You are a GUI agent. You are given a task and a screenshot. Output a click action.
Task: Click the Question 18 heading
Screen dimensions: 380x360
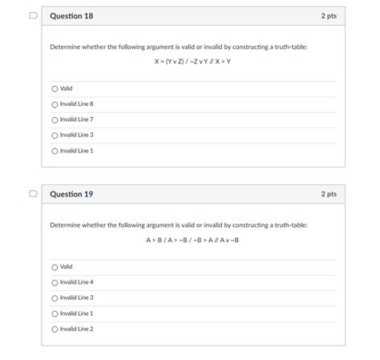71,16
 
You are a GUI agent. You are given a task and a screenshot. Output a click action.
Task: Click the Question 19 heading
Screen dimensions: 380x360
71,194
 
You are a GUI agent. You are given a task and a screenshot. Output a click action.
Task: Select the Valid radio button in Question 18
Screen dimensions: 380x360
55,89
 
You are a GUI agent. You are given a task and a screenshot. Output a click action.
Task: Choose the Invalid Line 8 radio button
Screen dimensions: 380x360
55,104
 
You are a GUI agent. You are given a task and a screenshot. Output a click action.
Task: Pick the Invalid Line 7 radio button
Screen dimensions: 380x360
55,119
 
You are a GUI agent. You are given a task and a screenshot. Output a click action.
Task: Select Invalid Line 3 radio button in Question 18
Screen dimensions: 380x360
55,135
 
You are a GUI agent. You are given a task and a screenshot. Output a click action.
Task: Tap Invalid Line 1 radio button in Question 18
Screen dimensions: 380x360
55,151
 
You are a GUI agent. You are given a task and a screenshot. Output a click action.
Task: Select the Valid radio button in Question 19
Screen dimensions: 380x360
55,267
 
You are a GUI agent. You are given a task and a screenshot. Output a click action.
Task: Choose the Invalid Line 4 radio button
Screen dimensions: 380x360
55,282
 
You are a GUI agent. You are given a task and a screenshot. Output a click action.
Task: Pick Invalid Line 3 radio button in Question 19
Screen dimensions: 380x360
55,297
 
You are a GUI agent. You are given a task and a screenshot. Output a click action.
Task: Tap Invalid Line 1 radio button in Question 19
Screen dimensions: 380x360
55,313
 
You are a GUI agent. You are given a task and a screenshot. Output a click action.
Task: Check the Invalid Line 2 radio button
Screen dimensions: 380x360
55,329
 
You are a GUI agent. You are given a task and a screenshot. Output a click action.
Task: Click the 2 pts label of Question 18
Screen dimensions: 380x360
329,16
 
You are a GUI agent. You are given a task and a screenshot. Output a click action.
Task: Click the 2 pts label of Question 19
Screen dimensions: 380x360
329,194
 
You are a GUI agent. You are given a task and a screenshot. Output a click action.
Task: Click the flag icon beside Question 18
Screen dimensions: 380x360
32,16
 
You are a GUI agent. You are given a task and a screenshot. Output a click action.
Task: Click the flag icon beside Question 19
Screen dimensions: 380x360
32,194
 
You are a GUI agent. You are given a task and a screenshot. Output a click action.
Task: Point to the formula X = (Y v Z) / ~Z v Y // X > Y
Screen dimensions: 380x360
192,62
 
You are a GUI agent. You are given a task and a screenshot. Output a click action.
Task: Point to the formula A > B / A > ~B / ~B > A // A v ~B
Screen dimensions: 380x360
192,240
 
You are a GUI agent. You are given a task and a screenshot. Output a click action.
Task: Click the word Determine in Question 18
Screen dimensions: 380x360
67,47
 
